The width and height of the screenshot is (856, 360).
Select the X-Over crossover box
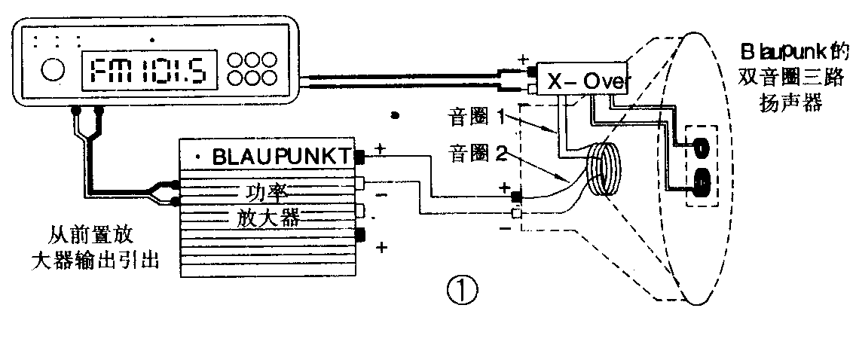[580, 82]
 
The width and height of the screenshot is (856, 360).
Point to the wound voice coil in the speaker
[604, 171]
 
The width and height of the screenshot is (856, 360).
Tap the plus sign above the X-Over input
[524, 59]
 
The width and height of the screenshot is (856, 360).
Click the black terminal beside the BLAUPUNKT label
[359, 157]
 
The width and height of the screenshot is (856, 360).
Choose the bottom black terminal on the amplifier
[359, 235]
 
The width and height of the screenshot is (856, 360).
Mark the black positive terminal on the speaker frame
[516, 197]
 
